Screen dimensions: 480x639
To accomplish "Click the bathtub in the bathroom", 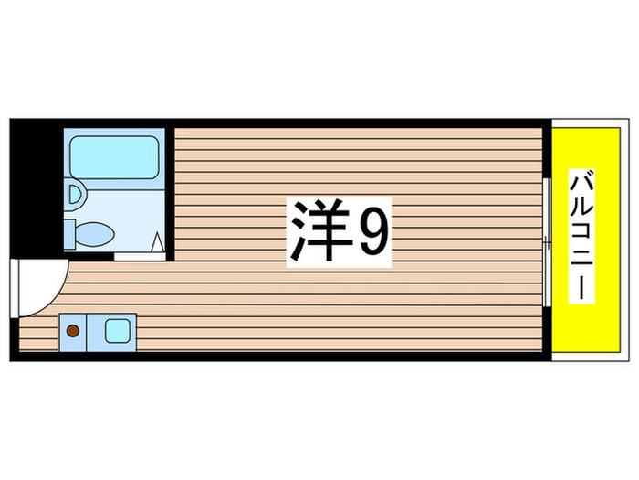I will [113, 157].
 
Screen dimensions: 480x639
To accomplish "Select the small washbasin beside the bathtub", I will [75, 193].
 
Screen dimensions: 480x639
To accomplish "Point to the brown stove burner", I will [72, 329].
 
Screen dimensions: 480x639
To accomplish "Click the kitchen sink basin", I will [119, 329].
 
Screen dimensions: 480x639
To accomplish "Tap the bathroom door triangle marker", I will [157, 242].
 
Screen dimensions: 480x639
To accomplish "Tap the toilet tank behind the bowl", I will [70, 233].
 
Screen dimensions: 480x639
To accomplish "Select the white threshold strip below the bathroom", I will [139, 256].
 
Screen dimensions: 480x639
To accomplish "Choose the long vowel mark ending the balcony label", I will [581, 291].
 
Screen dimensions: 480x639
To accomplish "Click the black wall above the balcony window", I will [546, 151].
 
